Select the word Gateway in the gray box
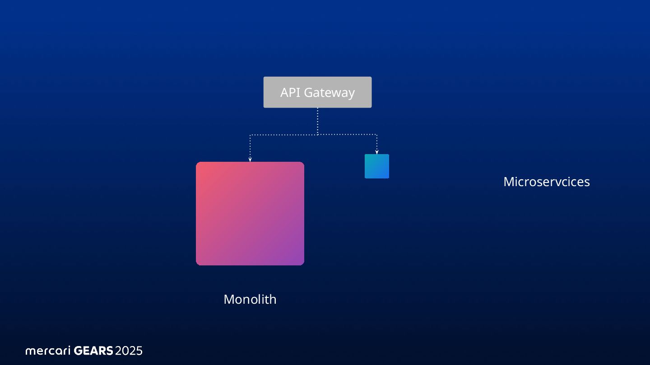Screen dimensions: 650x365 coord(329,93)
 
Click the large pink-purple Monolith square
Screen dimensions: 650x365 coord(250,213)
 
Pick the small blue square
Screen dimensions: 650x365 coord(376,166)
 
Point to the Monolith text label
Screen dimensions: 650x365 coord(250,299)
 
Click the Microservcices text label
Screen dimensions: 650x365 coord(546,182)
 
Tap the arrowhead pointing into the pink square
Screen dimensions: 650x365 coord(250,159)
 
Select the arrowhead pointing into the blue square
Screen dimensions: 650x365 coord(376,152)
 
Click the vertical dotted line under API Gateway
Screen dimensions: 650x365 coord(317,120)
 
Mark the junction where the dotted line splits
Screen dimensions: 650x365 coord(317,134)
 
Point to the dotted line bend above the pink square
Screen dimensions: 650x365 coord(250,135)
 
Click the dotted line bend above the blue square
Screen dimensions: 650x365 coord(376,134)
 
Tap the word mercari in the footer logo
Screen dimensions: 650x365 coord(48,351)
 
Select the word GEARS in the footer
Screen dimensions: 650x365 coord(93,351)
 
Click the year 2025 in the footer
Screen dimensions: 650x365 coord(129,351)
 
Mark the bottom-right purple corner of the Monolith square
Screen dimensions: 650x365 coord(301,262)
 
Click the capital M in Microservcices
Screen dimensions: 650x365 coord(508,182)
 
